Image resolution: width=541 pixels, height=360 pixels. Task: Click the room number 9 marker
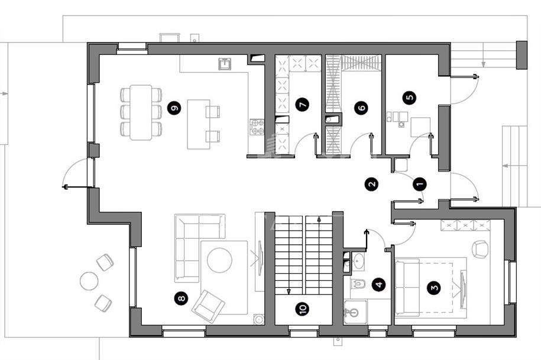(174, 108)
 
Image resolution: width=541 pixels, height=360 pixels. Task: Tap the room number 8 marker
(182, 299)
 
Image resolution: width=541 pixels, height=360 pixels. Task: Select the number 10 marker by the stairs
(303, 309)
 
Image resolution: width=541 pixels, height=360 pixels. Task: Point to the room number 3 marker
(434, 287)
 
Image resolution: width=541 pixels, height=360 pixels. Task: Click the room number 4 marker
(379, 284)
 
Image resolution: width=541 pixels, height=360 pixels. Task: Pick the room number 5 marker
(410, 97)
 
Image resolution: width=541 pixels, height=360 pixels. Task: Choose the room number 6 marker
(361, 108)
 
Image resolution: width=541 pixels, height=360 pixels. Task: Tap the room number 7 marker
(303, 104)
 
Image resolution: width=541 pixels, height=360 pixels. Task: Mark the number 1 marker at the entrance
(420, 184)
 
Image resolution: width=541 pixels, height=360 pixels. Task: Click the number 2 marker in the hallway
(371, 184)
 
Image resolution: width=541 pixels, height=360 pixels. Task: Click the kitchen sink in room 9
(225, 64)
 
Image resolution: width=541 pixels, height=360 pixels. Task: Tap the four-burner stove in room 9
(257, 127)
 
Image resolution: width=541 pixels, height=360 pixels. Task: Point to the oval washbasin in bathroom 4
(359, 261)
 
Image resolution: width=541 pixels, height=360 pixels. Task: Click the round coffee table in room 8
(219, 260)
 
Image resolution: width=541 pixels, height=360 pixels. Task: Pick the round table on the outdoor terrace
(89, 281)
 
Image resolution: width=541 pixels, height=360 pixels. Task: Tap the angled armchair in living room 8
(208, 306)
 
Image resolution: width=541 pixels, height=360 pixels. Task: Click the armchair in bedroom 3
(480, 249)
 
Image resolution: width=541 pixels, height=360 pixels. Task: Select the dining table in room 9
(141, 112)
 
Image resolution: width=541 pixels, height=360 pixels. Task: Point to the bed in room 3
(430, 287)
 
